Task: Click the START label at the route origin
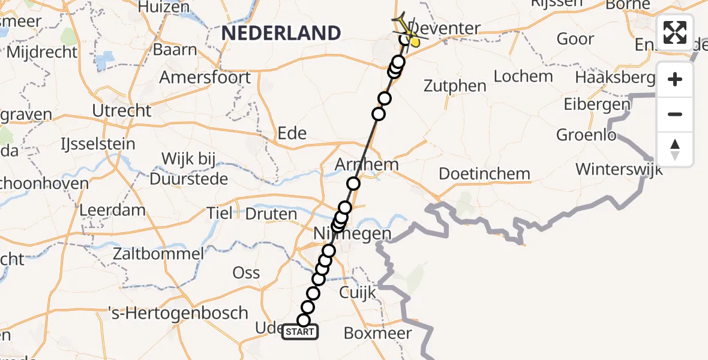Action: coord(300,332)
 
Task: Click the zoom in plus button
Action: coord(675,80)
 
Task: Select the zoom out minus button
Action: coord(675,114)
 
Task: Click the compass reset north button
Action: coord(675,149)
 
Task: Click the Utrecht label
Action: coord(122,110)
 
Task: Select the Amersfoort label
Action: coord(205,77)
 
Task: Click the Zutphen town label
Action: coord(455,86)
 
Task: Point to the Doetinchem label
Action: coord(485,174)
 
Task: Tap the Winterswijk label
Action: coord(619,169)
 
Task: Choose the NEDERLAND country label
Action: coord(281,32)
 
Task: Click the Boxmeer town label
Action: coord(378,333)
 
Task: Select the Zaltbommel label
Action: coord(159,254)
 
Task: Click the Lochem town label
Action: coord(523,76)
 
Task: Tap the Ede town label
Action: coord(292,133)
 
